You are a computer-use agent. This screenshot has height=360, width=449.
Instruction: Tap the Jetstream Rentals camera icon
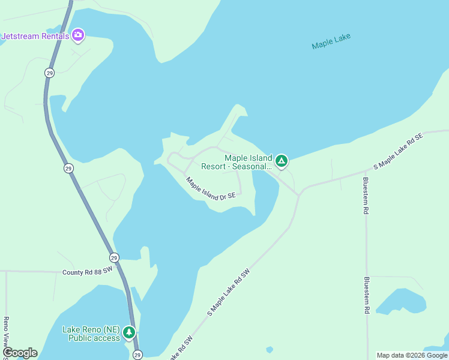pyautogui.click(x=77, y=35)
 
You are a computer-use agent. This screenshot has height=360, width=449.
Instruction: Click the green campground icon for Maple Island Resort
pyautogui.click(x=280, y=161)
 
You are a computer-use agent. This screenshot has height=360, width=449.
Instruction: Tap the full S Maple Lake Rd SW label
pyautogui.click(x=228, y=293)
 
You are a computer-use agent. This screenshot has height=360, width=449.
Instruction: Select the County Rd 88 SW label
pyautogui.click(x=87, y=272)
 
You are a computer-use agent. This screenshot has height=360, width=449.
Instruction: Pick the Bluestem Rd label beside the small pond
pyautogui.click(x=366, y=296)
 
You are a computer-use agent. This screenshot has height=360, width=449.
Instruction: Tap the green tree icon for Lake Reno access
pyautogui.click(x=128, y=332)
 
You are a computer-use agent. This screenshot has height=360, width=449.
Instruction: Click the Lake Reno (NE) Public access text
pyautogui.click(x=91, y=334)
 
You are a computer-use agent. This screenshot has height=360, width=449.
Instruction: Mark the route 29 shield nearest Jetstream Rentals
pyautogui.click(x=49, y=73)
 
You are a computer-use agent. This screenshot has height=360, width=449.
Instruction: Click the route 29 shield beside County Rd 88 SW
pyautogui.click(x=114, y=257)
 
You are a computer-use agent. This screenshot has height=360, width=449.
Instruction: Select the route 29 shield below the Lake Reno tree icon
pyautogui.click(x=137, y=355)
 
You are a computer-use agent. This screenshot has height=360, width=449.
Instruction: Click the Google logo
pyautogui.click(x=19, y=353)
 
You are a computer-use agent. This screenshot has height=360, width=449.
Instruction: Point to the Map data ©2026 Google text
pyautogui.click(x=411, y=355)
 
